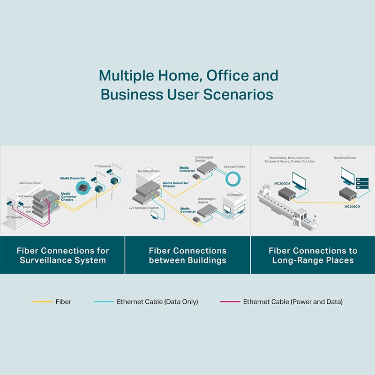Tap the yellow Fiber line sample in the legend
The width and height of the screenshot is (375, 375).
coord(42,302)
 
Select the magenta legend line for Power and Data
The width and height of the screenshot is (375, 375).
coord(230,302)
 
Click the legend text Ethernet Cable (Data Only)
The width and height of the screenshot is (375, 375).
coord(157,302)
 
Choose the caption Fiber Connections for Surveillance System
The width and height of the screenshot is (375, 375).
coord(62,255)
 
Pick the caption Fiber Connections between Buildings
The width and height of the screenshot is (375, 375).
coord(187,255)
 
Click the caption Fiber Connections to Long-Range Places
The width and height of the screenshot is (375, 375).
coord(313,255)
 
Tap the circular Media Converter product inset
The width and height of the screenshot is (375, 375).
coord(84,189)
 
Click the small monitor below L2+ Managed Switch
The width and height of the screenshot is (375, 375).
coord(154,215)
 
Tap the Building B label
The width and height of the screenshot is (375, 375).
coord(234,195)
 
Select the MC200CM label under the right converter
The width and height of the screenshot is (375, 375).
coord(352,206)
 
